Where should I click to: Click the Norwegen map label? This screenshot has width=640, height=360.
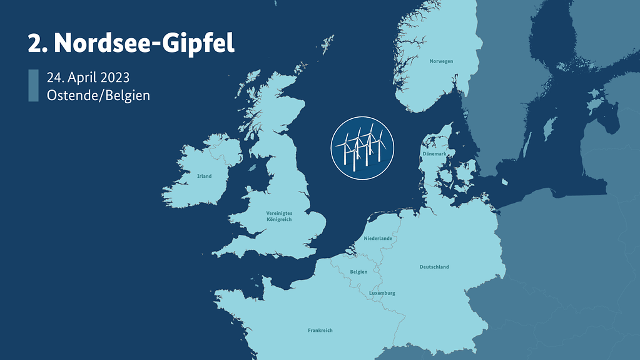441,61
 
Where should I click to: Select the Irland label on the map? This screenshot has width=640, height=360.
204,177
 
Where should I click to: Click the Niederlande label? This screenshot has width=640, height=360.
378,239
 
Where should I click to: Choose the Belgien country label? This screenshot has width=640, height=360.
358,272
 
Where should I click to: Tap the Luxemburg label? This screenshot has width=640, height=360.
382,293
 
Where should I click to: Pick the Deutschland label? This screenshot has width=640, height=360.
434,267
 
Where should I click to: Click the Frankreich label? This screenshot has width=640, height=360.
320,330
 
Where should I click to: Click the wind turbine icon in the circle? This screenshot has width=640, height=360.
362,147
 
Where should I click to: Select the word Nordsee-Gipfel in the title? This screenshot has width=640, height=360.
145,43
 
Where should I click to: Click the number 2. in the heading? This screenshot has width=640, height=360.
38,43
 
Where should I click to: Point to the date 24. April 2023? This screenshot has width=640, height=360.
88,78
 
